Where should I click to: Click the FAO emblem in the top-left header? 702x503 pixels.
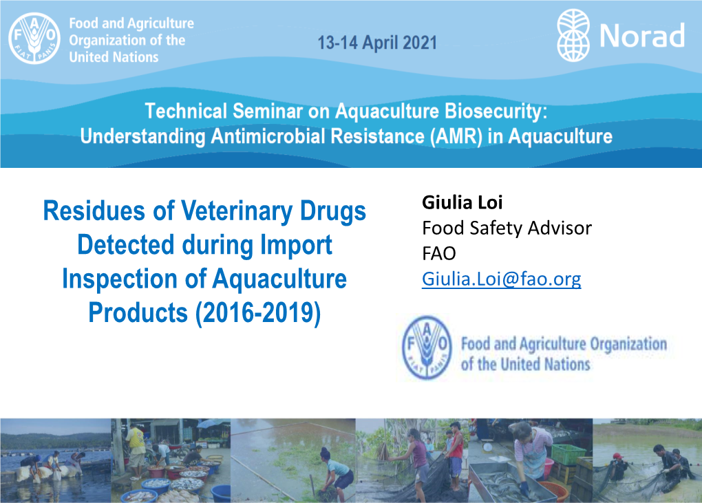point(34,38)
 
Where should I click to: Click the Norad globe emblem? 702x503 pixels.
point(573,35)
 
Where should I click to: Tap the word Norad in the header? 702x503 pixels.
point(642,36)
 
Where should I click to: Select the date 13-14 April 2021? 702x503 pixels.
point(377,43)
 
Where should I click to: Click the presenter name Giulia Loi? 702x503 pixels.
point(462,202)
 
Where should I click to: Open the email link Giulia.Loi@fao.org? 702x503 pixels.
point(502,279)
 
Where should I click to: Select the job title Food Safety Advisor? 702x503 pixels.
point(507,228)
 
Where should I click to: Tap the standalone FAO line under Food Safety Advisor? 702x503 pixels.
point(439,254)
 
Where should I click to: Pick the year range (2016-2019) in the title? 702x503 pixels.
point(258,313)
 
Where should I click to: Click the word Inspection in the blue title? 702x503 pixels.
point(120,279)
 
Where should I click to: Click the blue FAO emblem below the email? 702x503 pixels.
point(427,347)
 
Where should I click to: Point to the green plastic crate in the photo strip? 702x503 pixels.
point(568,455)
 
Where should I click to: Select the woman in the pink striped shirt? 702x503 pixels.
point(531,452)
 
